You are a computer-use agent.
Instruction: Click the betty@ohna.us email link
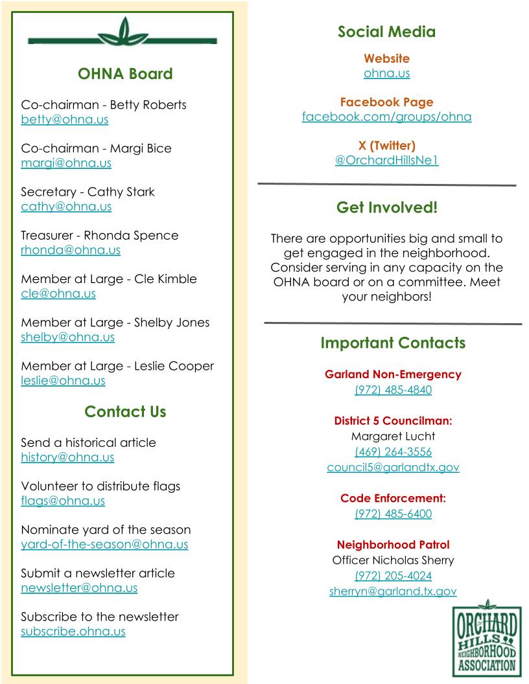[65, 120]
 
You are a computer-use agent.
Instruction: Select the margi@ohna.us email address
[66, 163]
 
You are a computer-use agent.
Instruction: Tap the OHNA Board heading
[125, 74]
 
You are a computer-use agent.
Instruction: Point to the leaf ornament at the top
[123, 33]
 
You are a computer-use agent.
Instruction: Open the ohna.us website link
[386, 73]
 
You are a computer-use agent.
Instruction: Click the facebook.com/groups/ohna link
[386, 117]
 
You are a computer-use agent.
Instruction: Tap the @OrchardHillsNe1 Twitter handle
[386, 161]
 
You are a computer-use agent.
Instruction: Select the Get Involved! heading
[386, 208]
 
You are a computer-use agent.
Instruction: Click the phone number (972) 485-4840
[393, 390]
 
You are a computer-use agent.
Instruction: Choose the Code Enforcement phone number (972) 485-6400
[393, 514]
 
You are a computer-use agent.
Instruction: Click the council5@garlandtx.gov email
[393, 468]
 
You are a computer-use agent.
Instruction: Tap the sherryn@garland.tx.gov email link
[393, 591]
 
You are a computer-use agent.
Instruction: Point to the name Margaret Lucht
[393, 436]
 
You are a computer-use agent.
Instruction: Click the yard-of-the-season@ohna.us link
[104, 545]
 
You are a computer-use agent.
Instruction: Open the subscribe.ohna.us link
[73, 632]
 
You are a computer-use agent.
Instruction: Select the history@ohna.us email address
[67, 457]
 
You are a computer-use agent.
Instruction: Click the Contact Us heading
[125, 412]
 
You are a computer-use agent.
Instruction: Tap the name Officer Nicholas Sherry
[393, 560]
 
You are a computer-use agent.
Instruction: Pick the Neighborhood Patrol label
[393, 545]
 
